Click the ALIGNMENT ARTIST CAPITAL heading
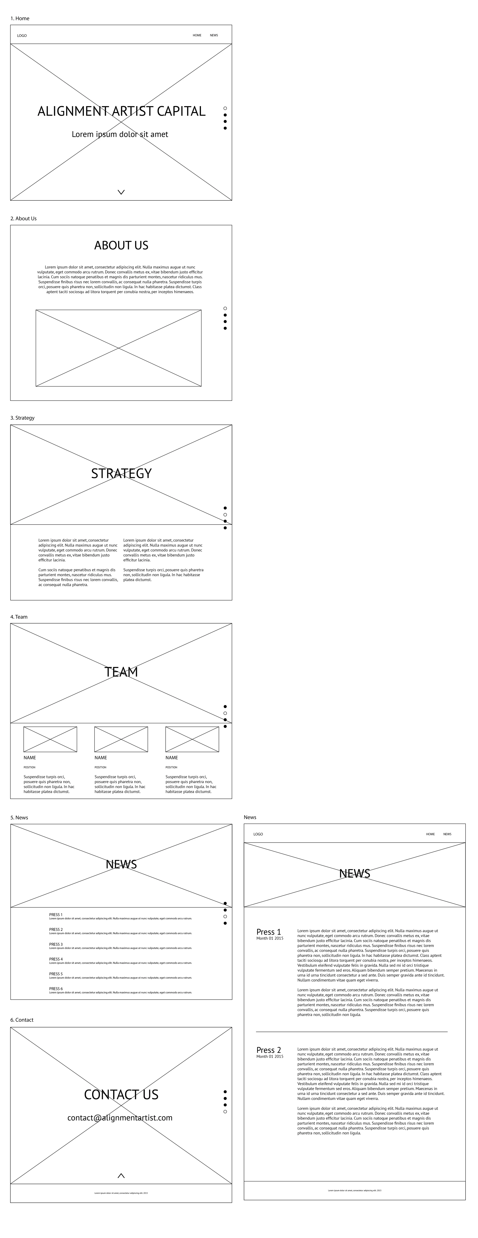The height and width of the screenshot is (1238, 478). point(121,111)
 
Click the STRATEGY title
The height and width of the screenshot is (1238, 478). point(121,473)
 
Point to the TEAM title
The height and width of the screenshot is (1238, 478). point(121,672)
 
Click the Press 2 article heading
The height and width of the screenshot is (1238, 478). point(269,1050)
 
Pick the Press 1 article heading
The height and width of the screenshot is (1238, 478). point(269,932)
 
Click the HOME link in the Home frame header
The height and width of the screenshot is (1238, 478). point(197,35)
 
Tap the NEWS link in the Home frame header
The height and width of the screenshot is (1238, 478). point(214,35)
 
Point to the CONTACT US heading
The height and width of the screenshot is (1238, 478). point(121,1095)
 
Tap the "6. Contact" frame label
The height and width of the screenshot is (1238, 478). point(22,1020)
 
